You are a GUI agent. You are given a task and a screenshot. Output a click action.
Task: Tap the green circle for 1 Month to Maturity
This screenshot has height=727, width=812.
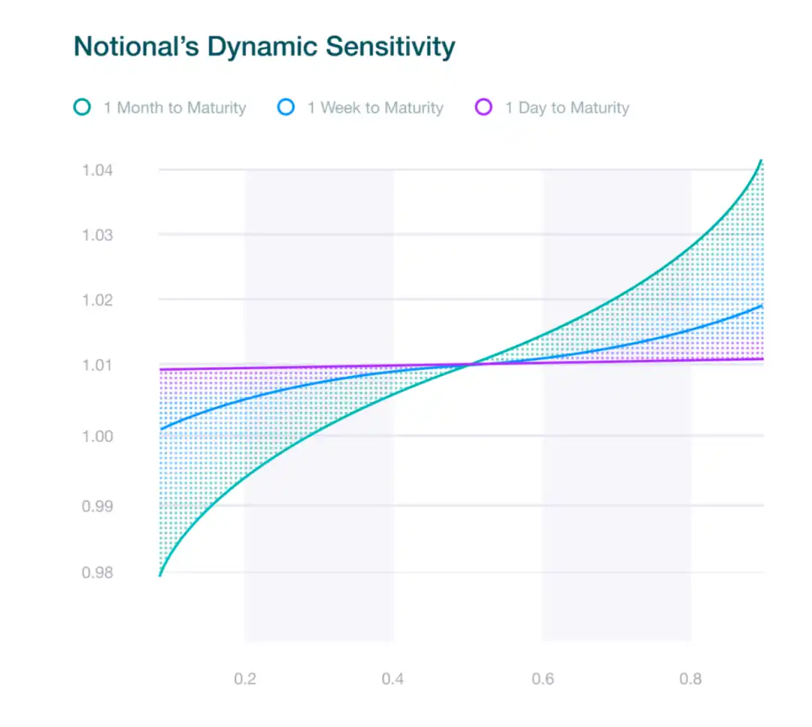(x=83, y=108)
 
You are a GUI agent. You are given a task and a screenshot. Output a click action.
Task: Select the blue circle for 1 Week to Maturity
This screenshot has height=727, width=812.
(x=286, y=108)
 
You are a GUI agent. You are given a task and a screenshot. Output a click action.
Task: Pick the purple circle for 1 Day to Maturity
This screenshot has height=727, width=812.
(x=484, y=108)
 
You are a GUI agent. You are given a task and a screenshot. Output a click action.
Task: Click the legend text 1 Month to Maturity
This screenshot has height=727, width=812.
(x=174, y=108)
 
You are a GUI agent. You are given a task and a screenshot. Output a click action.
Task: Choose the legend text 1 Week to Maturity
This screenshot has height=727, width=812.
(x=375, y=108)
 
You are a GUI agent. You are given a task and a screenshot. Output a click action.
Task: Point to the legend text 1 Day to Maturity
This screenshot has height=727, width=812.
(x=567, y=108)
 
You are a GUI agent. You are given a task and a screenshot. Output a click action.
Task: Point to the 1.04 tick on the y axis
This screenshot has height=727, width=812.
(x=98, y=170)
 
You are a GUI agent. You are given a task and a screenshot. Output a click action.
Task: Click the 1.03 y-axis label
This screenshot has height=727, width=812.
(x=98, y=235)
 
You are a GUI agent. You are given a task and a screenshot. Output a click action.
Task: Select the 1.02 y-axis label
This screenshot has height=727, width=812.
(x=98, y=300)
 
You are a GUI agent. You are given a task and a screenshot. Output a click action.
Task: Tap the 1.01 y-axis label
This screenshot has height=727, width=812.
(x=98, y=366)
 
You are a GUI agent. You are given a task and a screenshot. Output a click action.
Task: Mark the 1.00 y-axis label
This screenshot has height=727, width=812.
(x=98, y=436)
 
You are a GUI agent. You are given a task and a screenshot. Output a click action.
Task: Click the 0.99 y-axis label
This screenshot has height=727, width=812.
(x=98, y=506)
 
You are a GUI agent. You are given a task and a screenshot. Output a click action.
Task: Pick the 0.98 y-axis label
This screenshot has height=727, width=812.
(x=98, y=573)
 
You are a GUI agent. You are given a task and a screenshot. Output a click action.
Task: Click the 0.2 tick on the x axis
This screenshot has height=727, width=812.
(x=245, y=680)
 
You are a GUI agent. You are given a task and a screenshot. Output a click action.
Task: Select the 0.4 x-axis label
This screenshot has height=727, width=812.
(x=392, y=680)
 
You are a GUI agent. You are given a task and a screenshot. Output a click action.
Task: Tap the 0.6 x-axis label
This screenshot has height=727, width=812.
(x=543, y=680)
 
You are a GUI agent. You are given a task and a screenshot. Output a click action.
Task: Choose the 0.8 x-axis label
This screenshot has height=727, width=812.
(x=691, y=680)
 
